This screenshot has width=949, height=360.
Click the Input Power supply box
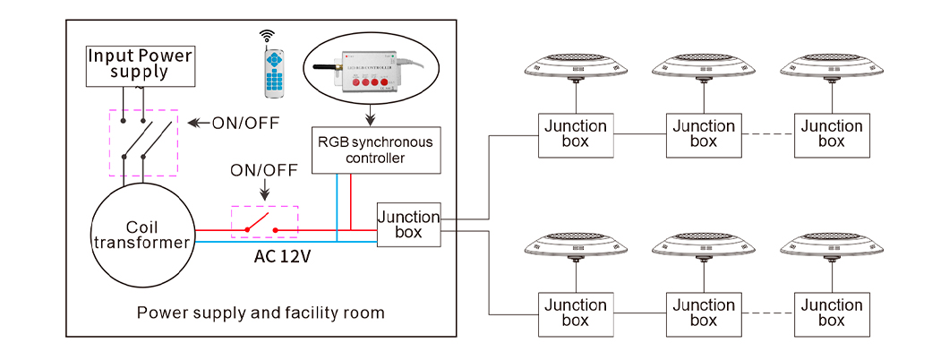coord(140,65)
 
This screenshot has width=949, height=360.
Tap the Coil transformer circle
coord(143,235)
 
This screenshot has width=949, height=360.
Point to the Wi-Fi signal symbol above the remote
coord(266,36)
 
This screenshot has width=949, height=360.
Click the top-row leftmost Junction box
coord(576,134)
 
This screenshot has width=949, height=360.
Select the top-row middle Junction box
coord(704,134)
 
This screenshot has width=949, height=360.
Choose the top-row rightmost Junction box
coord(832,134)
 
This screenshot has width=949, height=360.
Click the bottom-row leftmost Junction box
coord(576,313)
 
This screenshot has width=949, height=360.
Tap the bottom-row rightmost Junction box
coord(832,313)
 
